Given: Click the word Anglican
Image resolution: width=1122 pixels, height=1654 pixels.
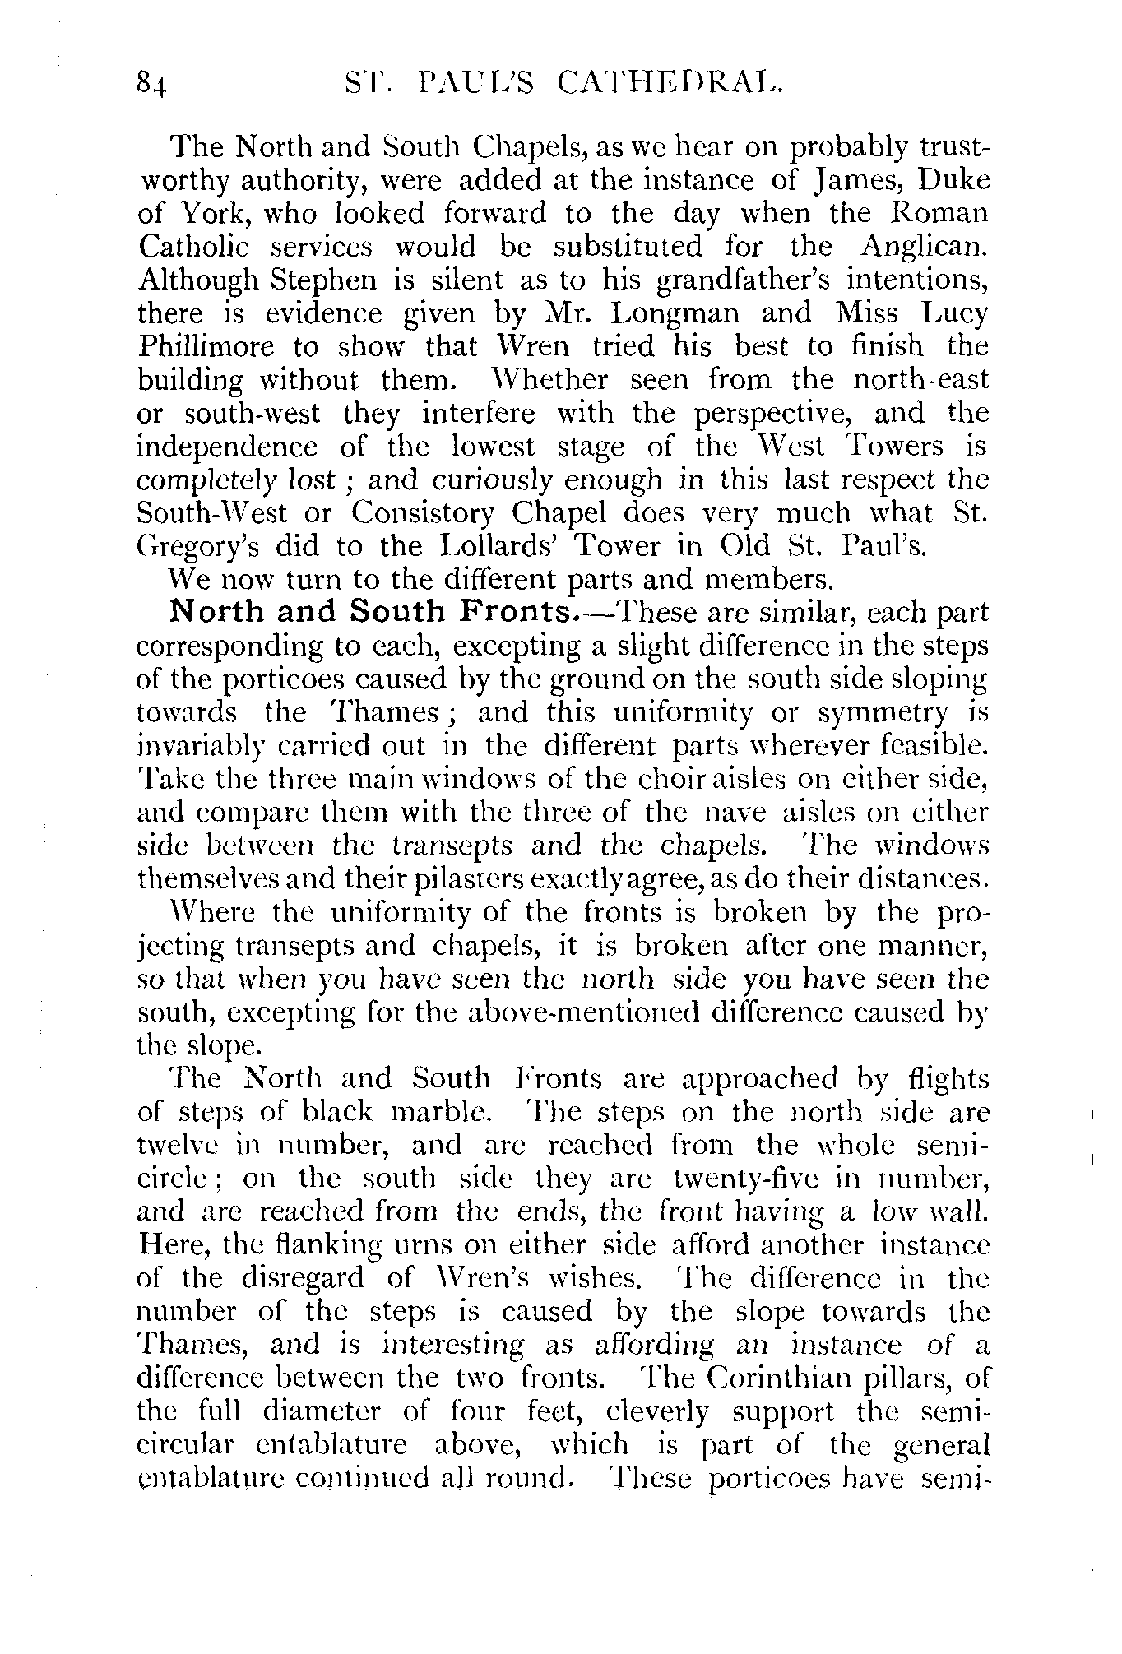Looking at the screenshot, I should (924, 246).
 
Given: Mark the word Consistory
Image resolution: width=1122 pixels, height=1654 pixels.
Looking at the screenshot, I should (423, 513).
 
